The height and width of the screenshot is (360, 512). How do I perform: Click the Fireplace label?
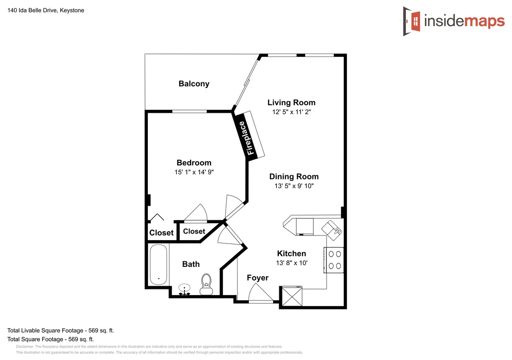250,138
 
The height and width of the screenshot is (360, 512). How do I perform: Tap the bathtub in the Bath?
158,265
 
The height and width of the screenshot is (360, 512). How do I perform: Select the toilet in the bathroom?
206,284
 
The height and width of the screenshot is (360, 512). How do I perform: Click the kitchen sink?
332,230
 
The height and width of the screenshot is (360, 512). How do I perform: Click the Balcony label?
194,84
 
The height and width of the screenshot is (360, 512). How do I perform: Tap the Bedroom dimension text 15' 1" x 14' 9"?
194,172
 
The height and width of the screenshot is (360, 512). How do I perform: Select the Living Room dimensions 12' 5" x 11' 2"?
292,112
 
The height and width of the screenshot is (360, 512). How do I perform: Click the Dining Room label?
294,177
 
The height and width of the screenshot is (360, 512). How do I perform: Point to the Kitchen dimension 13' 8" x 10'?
292,263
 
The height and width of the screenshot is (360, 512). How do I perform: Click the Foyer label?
257,278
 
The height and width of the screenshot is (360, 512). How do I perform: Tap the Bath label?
191,264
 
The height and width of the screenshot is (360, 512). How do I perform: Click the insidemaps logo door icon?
412,21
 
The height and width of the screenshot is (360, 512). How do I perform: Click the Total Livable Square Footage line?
61,330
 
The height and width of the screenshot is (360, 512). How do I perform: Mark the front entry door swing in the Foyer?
261,293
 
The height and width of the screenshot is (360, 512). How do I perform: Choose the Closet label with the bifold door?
161,233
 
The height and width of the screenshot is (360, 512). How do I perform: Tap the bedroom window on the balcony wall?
189,111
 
